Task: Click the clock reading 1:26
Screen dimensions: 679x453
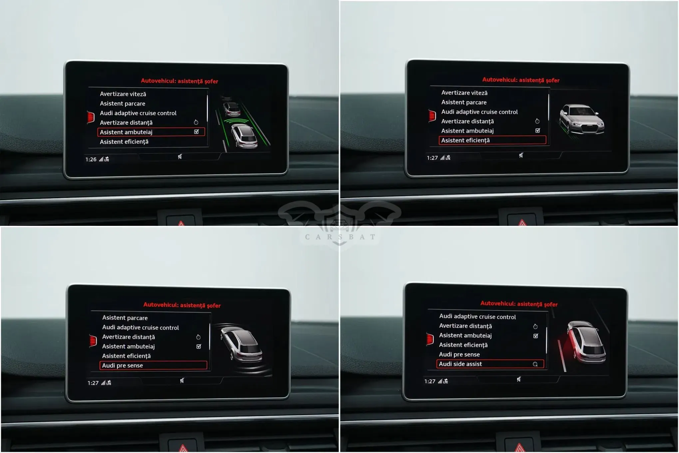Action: tap(91, 159)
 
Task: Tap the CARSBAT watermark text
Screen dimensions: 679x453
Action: tap(340, 237)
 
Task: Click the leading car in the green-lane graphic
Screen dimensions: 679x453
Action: tap(232, 108)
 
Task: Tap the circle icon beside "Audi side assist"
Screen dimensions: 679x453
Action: tap(535, 364)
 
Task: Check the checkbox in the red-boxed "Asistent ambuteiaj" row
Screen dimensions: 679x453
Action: tap(196, 132)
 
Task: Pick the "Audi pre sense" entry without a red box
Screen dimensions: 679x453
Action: tap(459, 354)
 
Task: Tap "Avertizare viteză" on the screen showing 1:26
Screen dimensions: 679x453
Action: tap(123, 94)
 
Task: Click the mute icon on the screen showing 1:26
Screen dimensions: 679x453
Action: tap(180, 156)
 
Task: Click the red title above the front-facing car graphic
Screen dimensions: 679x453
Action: tap(521, 80)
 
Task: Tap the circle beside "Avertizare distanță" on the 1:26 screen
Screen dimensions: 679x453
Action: tap(196, 122)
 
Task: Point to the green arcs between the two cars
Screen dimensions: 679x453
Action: tap(236, 121)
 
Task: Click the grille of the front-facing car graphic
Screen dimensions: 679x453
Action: tap(589, 127)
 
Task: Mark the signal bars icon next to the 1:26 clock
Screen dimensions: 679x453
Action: tap(101, 159)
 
